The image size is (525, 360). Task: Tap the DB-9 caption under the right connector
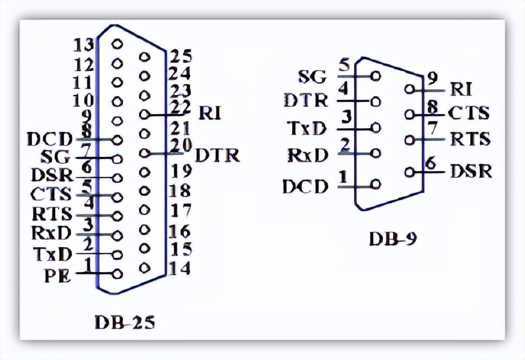pyautogui.click(x=393, y=239)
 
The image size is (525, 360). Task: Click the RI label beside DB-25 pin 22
pyautogui.click(x=210, y=113)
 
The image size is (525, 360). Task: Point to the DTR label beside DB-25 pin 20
pyautogui.click(x=217, y=155)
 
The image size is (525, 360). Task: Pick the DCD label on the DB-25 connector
pyautogui.click(x=49, y=140)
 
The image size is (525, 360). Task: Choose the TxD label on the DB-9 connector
pyautogui.click(x=307, y=128)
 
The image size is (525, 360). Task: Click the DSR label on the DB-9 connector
pyautogui.click(x=470, y=172)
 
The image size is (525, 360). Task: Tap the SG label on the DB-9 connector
pyautogui.click(x=312, y=76)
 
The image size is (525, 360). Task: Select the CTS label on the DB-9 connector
pyautogui.click(x=469, y=113)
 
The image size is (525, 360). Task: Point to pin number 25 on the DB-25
pyautogui.click(x=179, y=56)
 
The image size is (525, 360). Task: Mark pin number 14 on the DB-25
pyautogui.click(x=179, y=269)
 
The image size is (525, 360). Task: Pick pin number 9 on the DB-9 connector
pyautogui.click(x=432, y=77)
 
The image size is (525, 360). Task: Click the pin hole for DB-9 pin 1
pyautogui.click(x=375, y=184)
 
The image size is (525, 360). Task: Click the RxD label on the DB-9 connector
pyautogui.click(x=307, y=156)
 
